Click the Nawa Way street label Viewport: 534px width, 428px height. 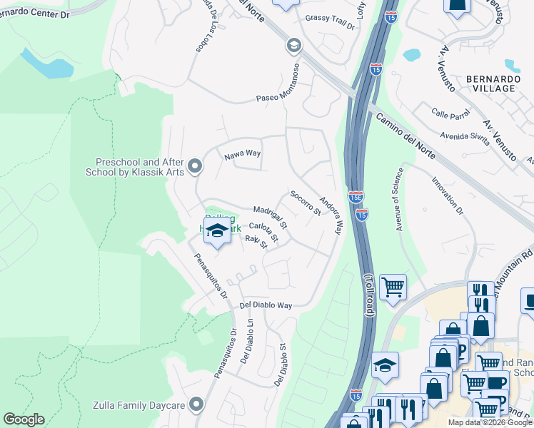pos(243,153)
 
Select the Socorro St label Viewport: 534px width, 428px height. pos(306,203)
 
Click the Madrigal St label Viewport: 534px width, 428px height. pos(271,216)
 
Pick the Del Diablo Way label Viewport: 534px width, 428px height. pos(266,305)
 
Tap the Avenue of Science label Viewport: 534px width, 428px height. pos(400,199)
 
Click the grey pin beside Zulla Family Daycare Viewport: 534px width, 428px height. pos(197,405)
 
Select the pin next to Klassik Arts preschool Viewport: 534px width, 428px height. pos(196,167)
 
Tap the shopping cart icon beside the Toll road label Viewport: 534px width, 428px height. pos(393,287)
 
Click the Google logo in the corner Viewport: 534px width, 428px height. pos(24,419)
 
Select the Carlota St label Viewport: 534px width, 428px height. pos(263,230)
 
